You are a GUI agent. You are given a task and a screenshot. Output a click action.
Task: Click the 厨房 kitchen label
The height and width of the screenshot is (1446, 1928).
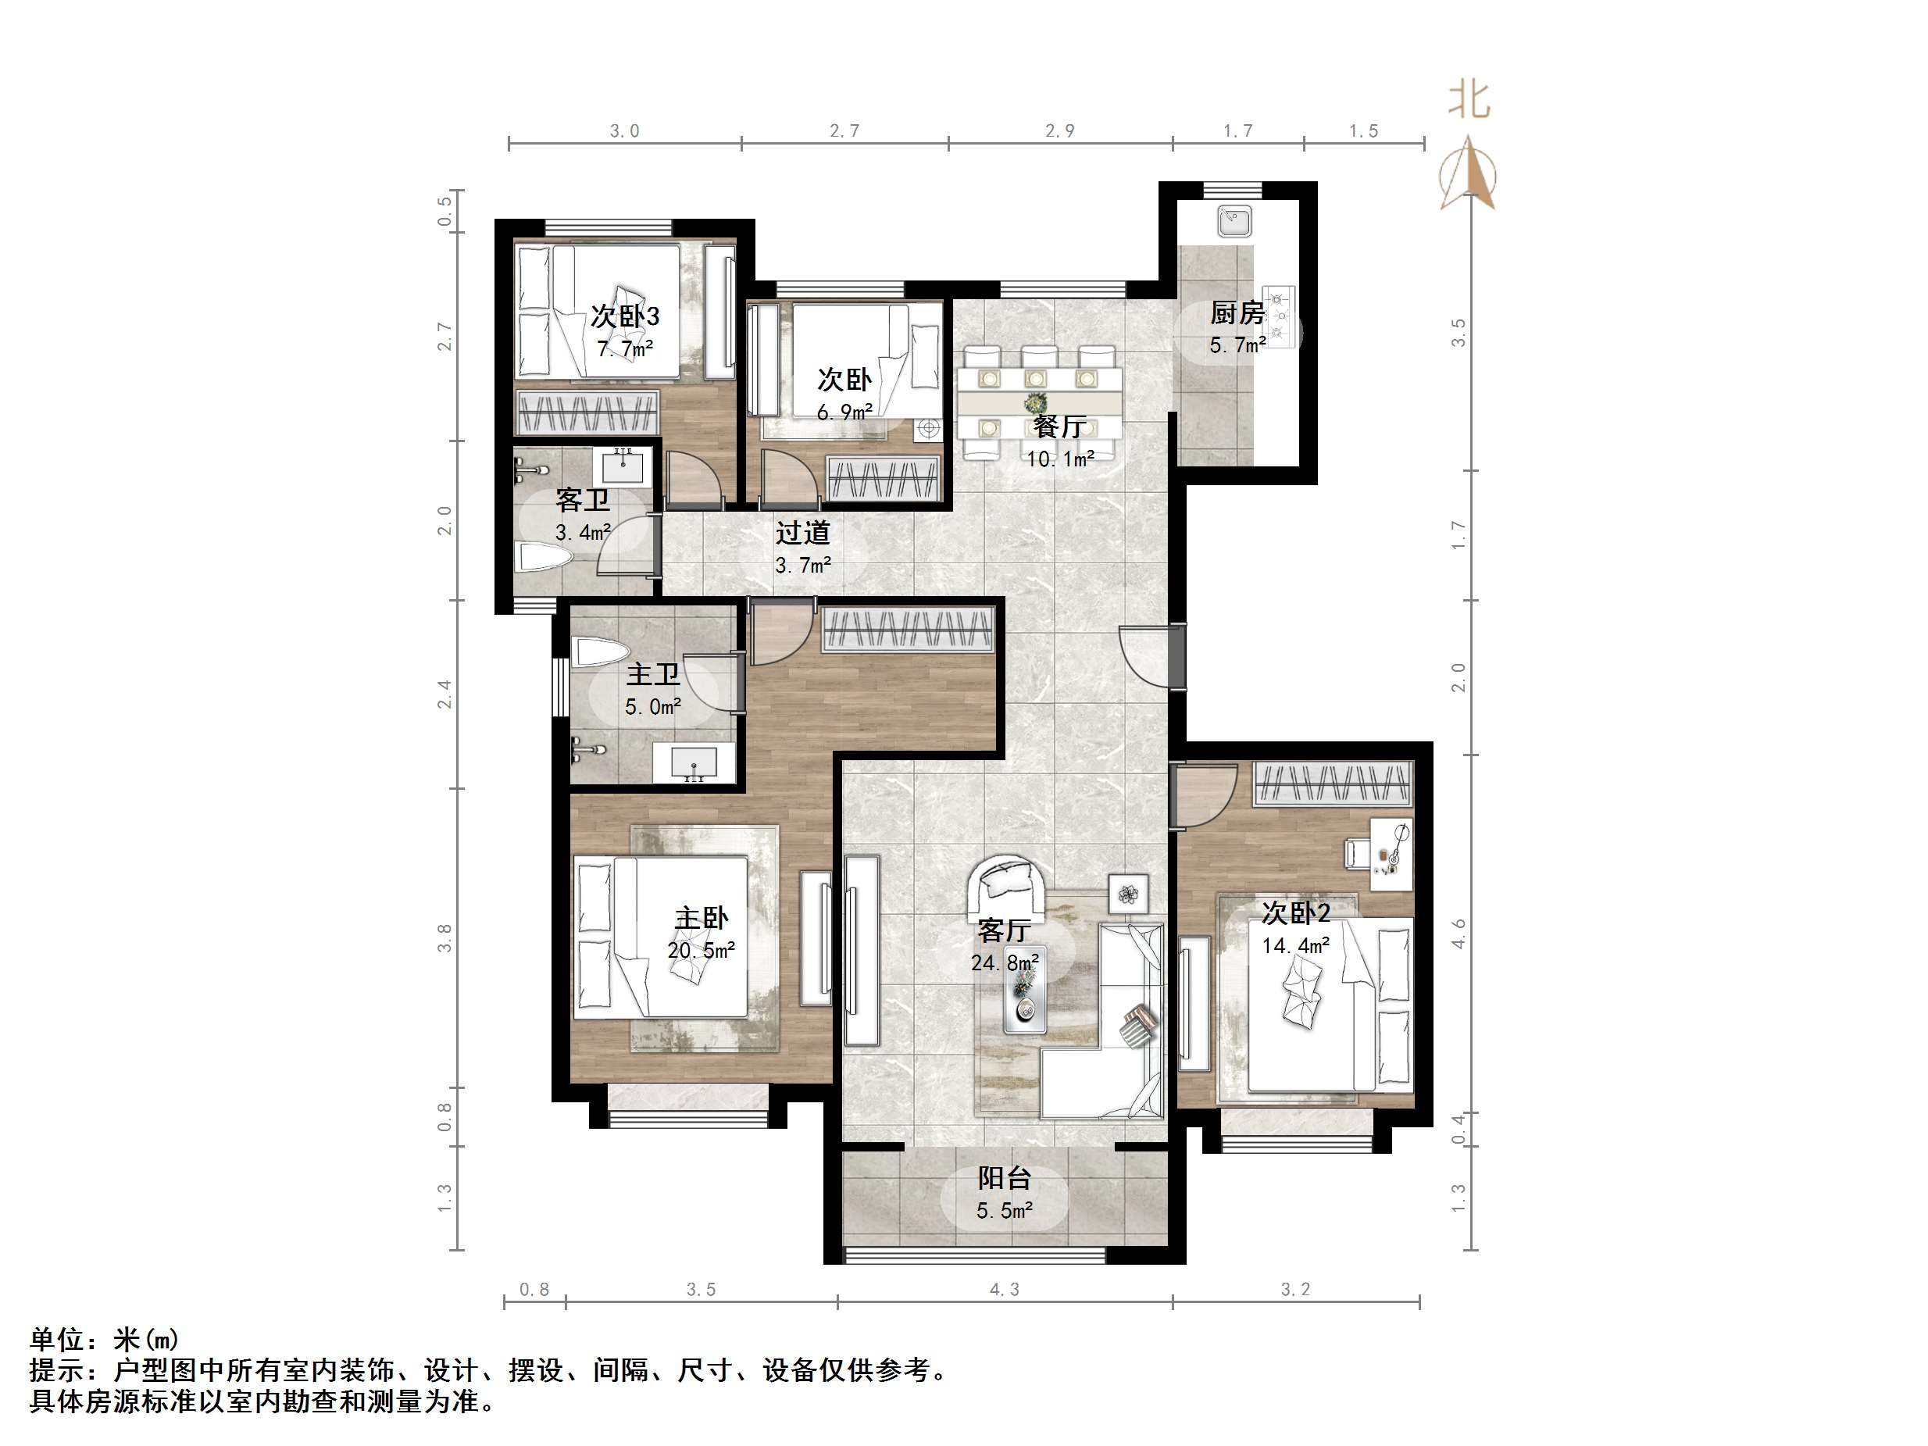click(1237, 312)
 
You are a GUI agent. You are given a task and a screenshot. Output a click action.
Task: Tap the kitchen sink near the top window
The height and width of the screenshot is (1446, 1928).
click(1235, 221)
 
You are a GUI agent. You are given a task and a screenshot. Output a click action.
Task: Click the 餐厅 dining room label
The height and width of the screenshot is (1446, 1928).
click(1059, 427)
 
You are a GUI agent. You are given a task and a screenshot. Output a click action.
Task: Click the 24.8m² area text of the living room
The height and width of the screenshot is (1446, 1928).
click(1004, 962)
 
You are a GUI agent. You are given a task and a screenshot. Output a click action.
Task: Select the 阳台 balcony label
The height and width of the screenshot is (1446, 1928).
click(1004, 1178)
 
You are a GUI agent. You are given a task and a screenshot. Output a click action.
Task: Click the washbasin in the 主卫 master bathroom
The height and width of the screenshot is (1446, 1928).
click(694, 762)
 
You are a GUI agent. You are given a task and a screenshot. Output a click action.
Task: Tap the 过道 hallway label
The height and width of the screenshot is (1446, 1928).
click(803, 533)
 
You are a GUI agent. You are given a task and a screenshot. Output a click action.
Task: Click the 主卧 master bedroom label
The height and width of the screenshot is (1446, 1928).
click(702, 918)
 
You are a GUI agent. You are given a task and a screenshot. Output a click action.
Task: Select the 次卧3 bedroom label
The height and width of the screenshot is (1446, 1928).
click(625, 316)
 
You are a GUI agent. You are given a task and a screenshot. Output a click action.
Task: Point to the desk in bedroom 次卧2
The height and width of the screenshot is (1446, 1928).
click(1391, 854)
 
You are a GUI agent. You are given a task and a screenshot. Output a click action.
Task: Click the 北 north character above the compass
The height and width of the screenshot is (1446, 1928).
click(1469, 100)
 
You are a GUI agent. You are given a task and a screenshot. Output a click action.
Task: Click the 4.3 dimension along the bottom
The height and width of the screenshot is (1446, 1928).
click(1004, 1290)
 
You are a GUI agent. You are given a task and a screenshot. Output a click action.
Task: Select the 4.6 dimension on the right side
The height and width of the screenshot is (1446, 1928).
click(1458, 934)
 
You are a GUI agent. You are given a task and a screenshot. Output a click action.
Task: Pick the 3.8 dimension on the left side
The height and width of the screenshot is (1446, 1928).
click(445, 938)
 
